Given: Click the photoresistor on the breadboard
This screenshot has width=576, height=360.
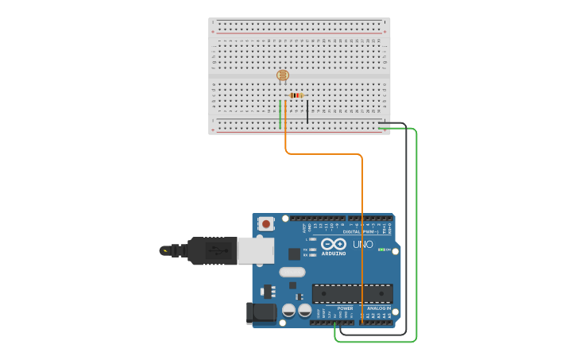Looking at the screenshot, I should [x=282, y=75].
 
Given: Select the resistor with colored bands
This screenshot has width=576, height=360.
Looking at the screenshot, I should [x=296, y=95].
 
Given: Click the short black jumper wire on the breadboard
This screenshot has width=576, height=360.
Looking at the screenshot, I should [x=307, y=112].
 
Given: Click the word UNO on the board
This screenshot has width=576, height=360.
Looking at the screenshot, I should [x=362, y=244].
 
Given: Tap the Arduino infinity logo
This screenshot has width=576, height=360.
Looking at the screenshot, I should [x=334, y=243].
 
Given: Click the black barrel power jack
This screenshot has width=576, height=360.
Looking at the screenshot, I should [x=261, y=313].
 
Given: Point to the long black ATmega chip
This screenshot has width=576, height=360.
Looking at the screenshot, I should [x=352, y=293].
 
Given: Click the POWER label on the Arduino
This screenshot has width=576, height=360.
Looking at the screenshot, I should [x=345, y=308].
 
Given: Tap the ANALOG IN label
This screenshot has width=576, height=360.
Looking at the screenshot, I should [x=378, y=308].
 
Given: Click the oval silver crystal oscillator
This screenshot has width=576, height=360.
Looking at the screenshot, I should [x=292, y=272].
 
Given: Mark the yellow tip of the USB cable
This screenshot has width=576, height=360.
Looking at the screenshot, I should [x=164, y=250].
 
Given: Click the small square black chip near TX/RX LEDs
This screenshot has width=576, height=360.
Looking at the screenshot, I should [x=294, y=254].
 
